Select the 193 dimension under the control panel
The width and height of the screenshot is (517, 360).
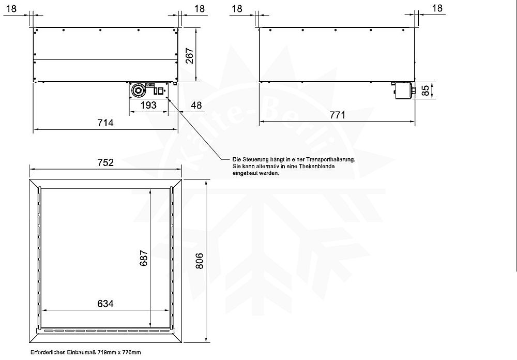point(149,106)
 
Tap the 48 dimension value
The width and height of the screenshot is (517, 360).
point(196,106)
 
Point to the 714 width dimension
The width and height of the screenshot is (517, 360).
point(105,123)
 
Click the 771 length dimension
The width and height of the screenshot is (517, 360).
point(337,115)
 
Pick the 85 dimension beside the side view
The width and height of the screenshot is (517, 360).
point(425,91)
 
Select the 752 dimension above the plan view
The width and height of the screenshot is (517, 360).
point(105,162)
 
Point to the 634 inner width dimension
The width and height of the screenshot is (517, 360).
point(105,303)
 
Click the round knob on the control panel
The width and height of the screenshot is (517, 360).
point(139,91)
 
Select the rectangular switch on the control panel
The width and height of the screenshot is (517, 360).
point(159,92)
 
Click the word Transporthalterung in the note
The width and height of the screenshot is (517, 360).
point(329,160)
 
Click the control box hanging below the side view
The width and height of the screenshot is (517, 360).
point(403,90)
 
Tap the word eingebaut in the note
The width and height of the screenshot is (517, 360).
point(245,174)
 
